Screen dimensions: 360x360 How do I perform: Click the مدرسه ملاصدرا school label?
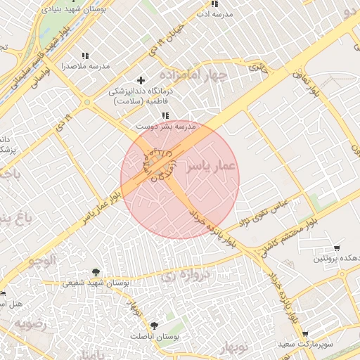[86, 65]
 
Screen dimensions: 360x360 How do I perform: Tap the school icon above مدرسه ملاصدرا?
[86, 55]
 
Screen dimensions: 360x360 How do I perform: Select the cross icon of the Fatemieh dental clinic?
[141, 81]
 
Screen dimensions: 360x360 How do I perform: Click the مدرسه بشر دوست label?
[165, 126]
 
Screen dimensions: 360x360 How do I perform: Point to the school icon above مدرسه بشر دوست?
[165, 115]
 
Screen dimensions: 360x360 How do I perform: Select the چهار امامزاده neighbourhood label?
[193, 74]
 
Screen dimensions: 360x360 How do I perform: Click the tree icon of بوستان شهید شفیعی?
[96, 272]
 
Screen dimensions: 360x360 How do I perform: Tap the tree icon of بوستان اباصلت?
[154, 325]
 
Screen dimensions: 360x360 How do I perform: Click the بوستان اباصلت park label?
[155, 336]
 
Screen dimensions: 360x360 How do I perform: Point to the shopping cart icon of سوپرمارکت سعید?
[304, 334]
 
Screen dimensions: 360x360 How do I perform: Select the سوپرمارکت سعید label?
[314, 345]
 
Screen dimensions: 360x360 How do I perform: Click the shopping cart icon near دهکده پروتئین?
[337, 248]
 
